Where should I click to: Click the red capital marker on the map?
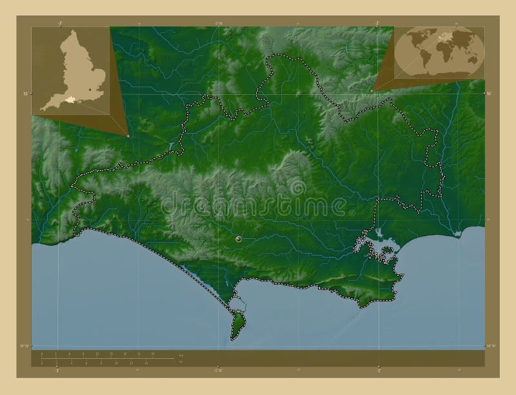(x=239, y=239)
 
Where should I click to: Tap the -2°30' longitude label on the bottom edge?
(x=218, y=370)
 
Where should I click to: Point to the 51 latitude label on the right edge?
(x=490, y=94)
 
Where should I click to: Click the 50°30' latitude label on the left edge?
(x=23, y=347)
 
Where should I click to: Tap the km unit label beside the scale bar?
(x=181, y=356)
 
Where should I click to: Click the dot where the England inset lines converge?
(x=128, y=136)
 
